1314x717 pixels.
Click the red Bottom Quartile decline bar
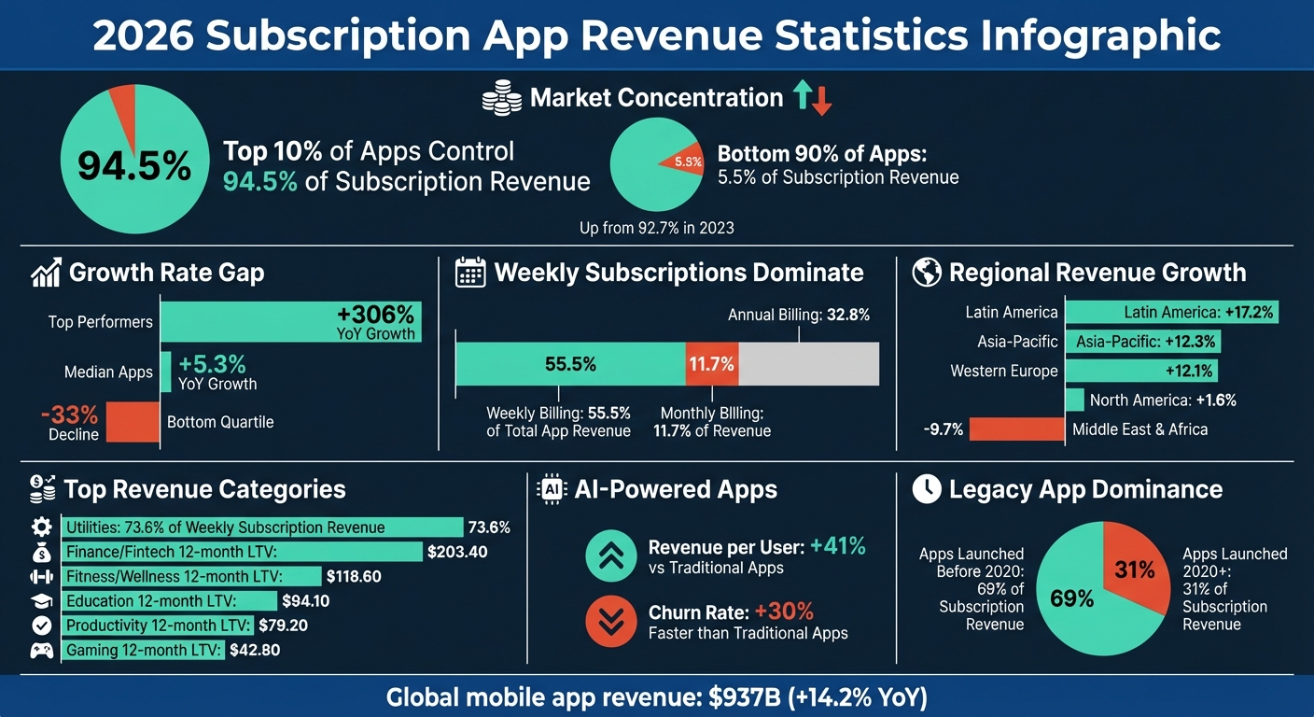pos(133,422)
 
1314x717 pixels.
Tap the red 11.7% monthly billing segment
pos(712,364)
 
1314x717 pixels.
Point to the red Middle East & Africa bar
pos(1016,429)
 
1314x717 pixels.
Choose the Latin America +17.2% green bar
pos(1171,312)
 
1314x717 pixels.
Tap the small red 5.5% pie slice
pos(686,162)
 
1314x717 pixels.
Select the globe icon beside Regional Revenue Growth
pos(927,273)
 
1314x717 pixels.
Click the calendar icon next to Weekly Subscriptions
pos(470,273)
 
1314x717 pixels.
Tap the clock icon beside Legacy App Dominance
pos(927,489)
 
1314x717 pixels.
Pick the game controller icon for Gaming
pos(42,651)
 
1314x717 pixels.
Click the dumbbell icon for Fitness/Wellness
pos(42,577)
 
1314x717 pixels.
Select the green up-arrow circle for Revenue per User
pos(610,556)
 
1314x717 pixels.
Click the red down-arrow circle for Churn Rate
pos(610,622)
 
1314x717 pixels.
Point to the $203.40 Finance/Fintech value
pos(457,552)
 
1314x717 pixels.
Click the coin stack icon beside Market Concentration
pos(501,98)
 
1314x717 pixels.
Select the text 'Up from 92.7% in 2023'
pos(657,228)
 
